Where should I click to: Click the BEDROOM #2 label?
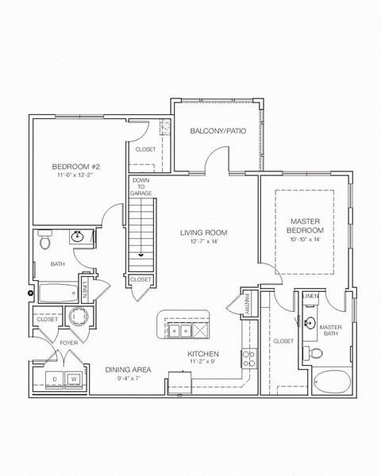pyautogui.click(x=75, y=166)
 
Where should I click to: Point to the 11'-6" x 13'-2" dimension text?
pyautogui.click(x=75, y=176)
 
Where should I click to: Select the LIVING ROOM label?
pyautogui.click(x=204, y=232)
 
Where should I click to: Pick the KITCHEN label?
pyautogui.click(x=203, y=354)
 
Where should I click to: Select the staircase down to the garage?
pyautogui.click(x=141, y=234)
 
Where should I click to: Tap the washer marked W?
pyautogui.click(x=73, y=379)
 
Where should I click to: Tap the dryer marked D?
pyautogui.click(x=53, y=379)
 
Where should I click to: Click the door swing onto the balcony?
pyautogui.click(x=214, y=160)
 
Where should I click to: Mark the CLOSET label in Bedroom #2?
pyautogui.click(x=145, y=148)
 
